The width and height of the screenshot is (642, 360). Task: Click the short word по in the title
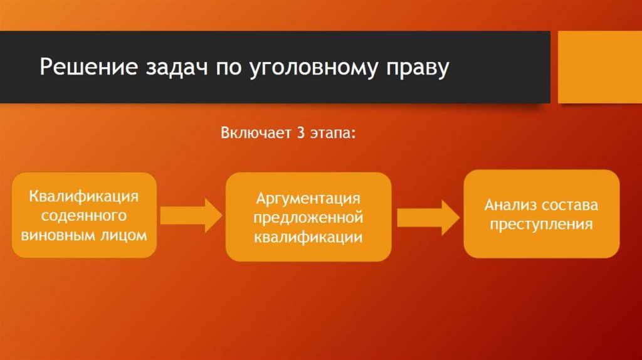coord(226,68)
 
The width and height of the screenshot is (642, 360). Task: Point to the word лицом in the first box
coord(125,236)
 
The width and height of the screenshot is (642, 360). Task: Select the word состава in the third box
coord(570,205)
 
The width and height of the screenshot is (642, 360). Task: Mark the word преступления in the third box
coord(541,225)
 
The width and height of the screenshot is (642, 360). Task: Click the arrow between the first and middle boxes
coord(191,214)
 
